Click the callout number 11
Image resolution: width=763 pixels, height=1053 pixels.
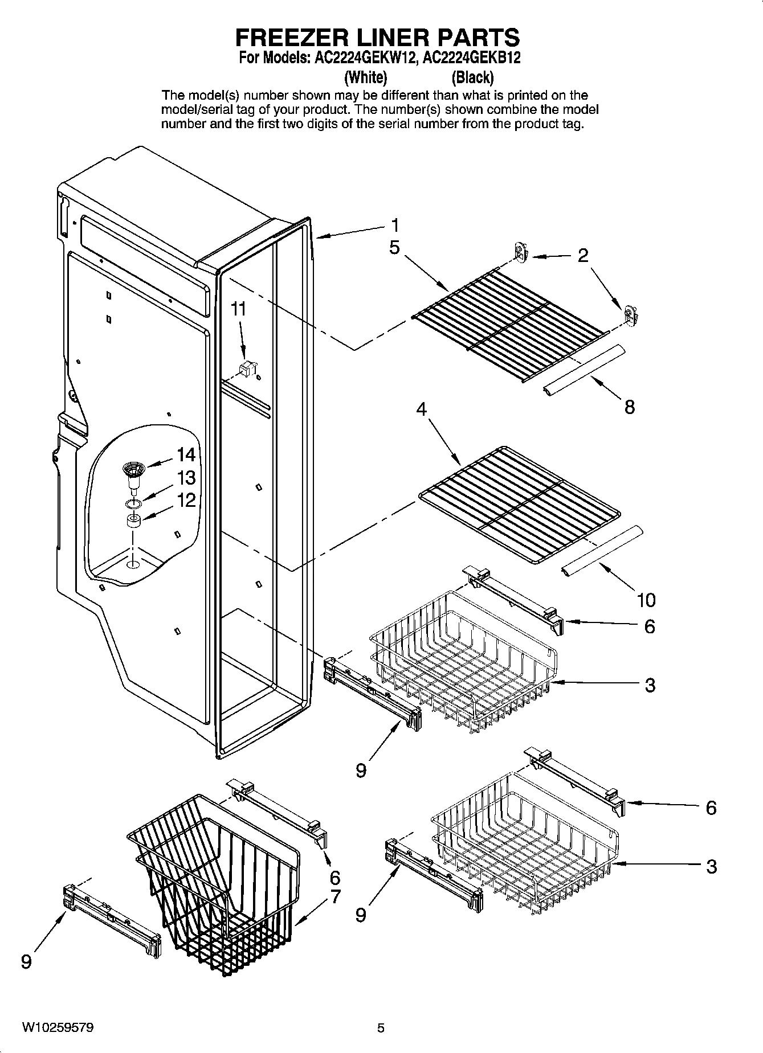click(239, 309)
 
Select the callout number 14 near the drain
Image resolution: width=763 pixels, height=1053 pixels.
click(186, 454)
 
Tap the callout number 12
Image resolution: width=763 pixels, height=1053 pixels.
click(186, 501)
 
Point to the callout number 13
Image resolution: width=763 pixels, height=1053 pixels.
click(186, 478)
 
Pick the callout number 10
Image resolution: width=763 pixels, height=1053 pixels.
click(646, 600)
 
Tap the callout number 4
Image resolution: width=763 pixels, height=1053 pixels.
click(421, 409)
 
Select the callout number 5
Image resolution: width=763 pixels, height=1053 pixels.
click(394, 248)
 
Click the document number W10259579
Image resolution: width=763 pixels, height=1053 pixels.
click(58, 1028)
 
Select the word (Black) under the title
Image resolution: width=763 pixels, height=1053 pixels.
click(472, 77)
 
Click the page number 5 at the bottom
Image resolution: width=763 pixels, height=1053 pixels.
click(381, 1028)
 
